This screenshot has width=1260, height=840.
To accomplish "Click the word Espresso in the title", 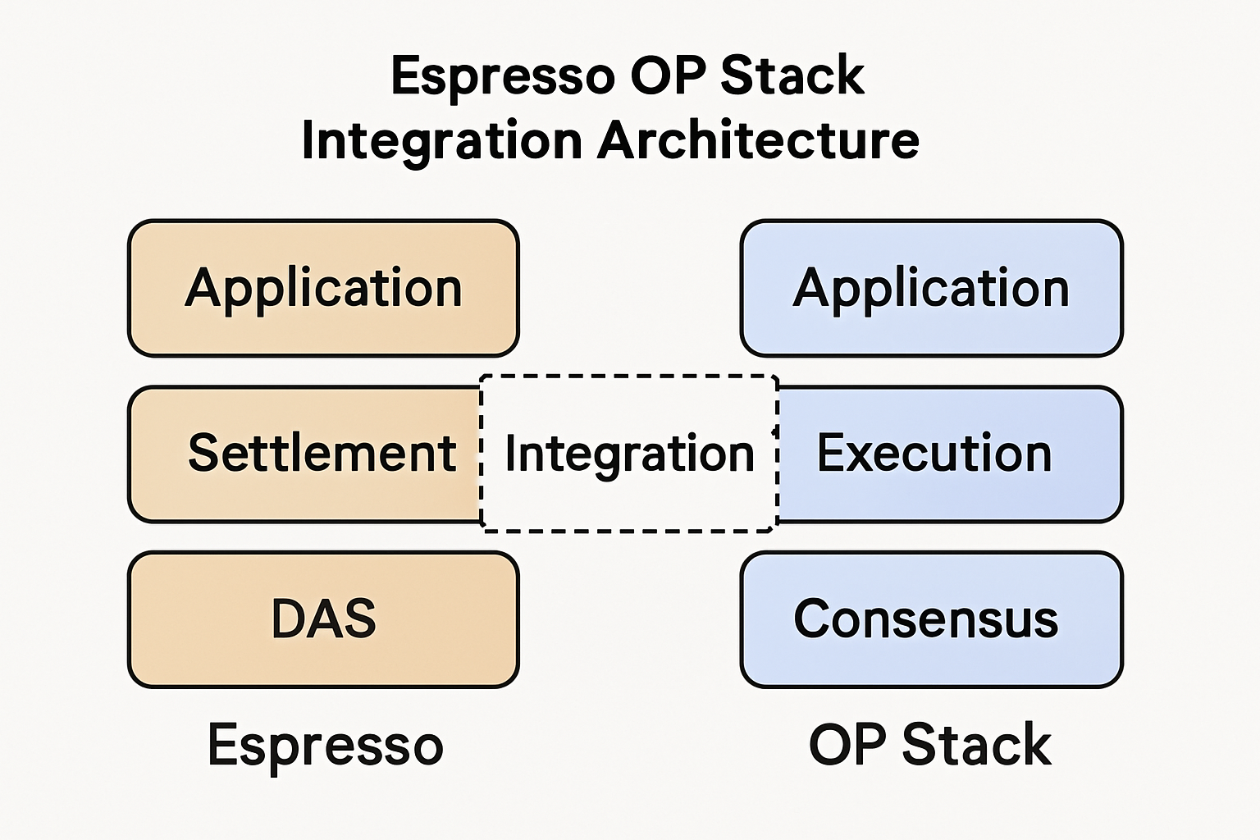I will (x=502, y=76).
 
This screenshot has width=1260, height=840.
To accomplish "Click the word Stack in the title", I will (x=792, y=76).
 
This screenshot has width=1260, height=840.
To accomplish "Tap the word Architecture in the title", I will (x=758, y=140).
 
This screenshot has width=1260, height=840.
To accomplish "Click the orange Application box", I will (x=323, y=288).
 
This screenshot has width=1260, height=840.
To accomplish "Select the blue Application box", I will (x=931, y=288).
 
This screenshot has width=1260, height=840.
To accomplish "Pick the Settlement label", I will (x=322, y=454).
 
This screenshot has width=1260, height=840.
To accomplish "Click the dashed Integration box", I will (x=628, y=454).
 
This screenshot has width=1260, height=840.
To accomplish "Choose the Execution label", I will (x=934, y=454).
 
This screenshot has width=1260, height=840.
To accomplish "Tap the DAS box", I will (x=323, y=619).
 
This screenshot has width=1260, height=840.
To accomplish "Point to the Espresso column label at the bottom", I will (x=325, y=745).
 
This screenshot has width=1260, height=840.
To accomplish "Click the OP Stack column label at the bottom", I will (x=929, y=745).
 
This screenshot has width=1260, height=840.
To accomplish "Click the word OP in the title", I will (x=667, y=76).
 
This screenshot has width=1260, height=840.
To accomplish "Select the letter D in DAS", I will (x=287, y=619).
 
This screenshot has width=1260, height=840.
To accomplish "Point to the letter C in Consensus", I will (x=810, y=619).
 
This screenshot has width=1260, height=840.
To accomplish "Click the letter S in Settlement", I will (x=204, y=454).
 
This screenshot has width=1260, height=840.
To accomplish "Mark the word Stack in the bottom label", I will (x=976, y=745).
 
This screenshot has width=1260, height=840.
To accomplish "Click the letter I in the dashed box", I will (x=510, y=454).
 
